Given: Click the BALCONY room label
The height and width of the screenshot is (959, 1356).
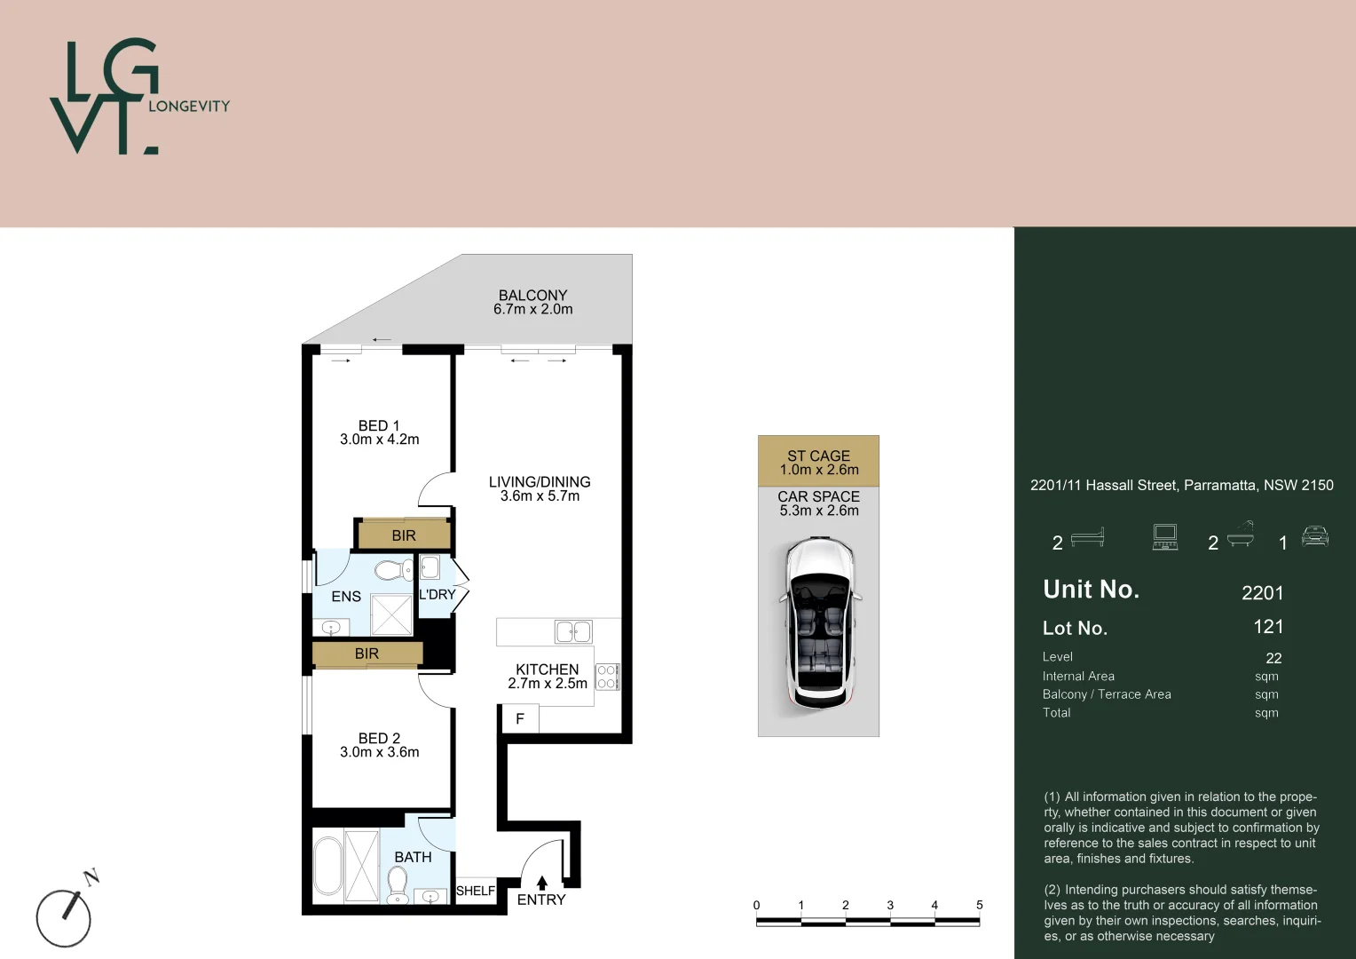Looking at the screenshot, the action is pyautogui.click(x=532, y=295).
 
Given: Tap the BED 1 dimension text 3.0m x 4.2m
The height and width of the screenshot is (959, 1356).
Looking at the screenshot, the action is pyautogui.click(x=380, y=440).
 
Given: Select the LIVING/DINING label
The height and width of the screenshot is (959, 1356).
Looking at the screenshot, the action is pyautogui.click(x=540, y=481).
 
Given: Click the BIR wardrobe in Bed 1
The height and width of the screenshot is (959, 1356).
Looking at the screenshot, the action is pyautogui.click(x=404, y=535).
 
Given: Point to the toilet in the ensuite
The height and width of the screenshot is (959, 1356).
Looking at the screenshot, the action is pyautogui.click(x=393, y=569).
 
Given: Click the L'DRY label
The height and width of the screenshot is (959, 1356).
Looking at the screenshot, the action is pyautogui.click(x=437, y=594).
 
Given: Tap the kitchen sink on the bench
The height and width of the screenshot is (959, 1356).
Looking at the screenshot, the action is pyautogui.click(x=573, y=632).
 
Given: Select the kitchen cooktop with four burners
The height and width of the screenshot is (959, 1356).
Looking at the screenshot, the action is pyautogui.click(x=607, y=677).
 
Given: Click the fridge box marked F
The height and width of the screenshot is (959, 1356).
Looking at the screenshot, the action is pyautogui.click(x=520, y=719).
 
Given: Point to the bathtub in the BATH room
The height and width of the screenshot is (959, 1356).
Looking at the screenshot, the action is pyautogui.click(x=327, y=866).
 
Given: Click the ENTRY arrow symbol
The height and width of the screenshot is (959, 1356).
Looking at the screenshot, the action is pyautogui.click(x=542, y=883).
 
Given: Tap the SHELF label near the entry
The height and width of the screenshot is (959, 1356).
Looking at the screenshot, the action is pyautogui.click(x=475, y=891).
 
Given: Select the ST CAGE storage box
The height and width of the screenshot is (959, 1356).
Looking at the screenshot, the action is pyautogui.click(x=818, y=461).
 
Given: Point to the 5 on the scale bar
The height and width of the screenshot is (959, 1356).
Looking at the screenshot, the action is pyautogui.click(x=979, y=905).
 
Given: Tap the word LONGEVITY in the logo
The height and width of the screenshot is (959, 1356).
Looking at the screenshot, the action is pyautogui.click(x=189, y=106).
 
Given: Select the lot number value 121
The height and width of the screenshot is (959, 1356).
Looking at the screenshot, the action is pyautogui.click(x=1268, y=626).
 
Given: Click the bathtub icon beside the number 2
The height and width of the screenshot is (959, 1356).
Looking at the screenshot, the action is pyautogui.click(x=1240, y=535).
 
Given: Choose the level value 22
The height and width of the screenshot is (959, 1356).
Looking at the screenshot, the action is pyautogui.click(x=1273, y=658).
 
